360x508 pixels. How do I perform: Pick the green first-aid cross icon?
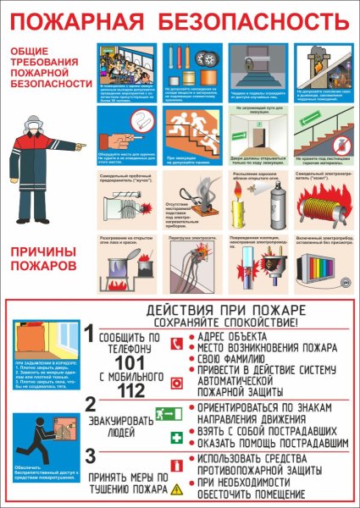pos(176,438)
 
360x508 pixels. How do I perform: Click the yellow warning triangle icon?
pos(176,489)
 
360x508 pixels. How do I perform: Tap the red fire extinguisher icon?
pos(176,465)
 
